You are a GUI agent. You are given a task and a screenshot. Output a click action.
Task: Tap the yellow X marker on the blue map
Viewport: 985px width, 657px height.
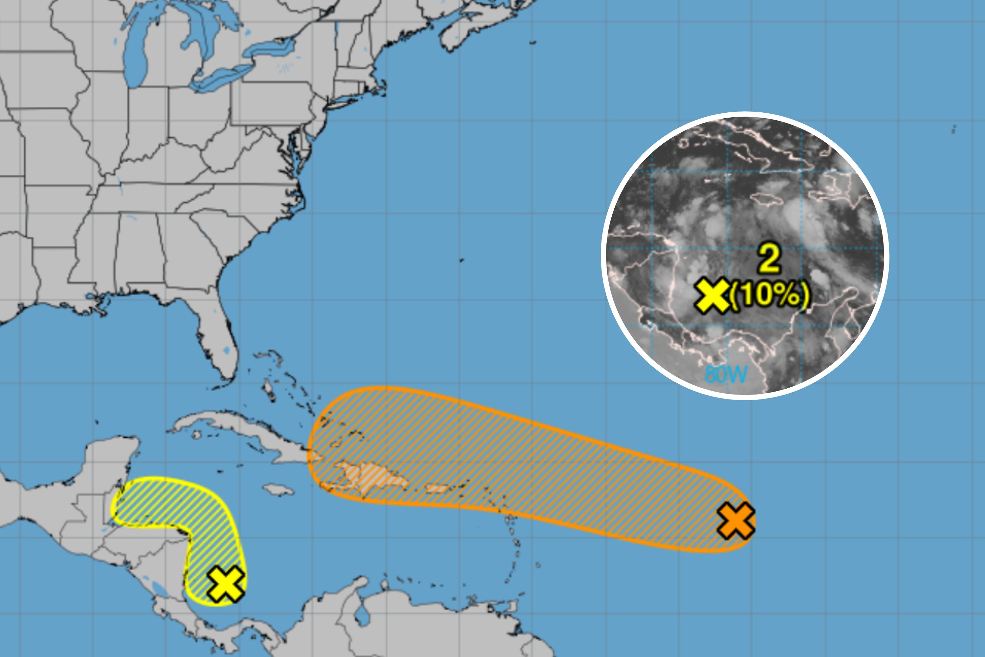tap(225, 584)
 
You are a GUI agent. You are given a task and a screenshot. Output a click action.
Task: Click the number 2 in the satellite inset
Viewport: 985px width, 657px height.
tap(770, 259)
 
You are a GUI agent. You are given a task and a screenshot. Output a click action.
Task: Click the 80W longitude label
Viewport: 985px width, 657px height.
tap(726, 374)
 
